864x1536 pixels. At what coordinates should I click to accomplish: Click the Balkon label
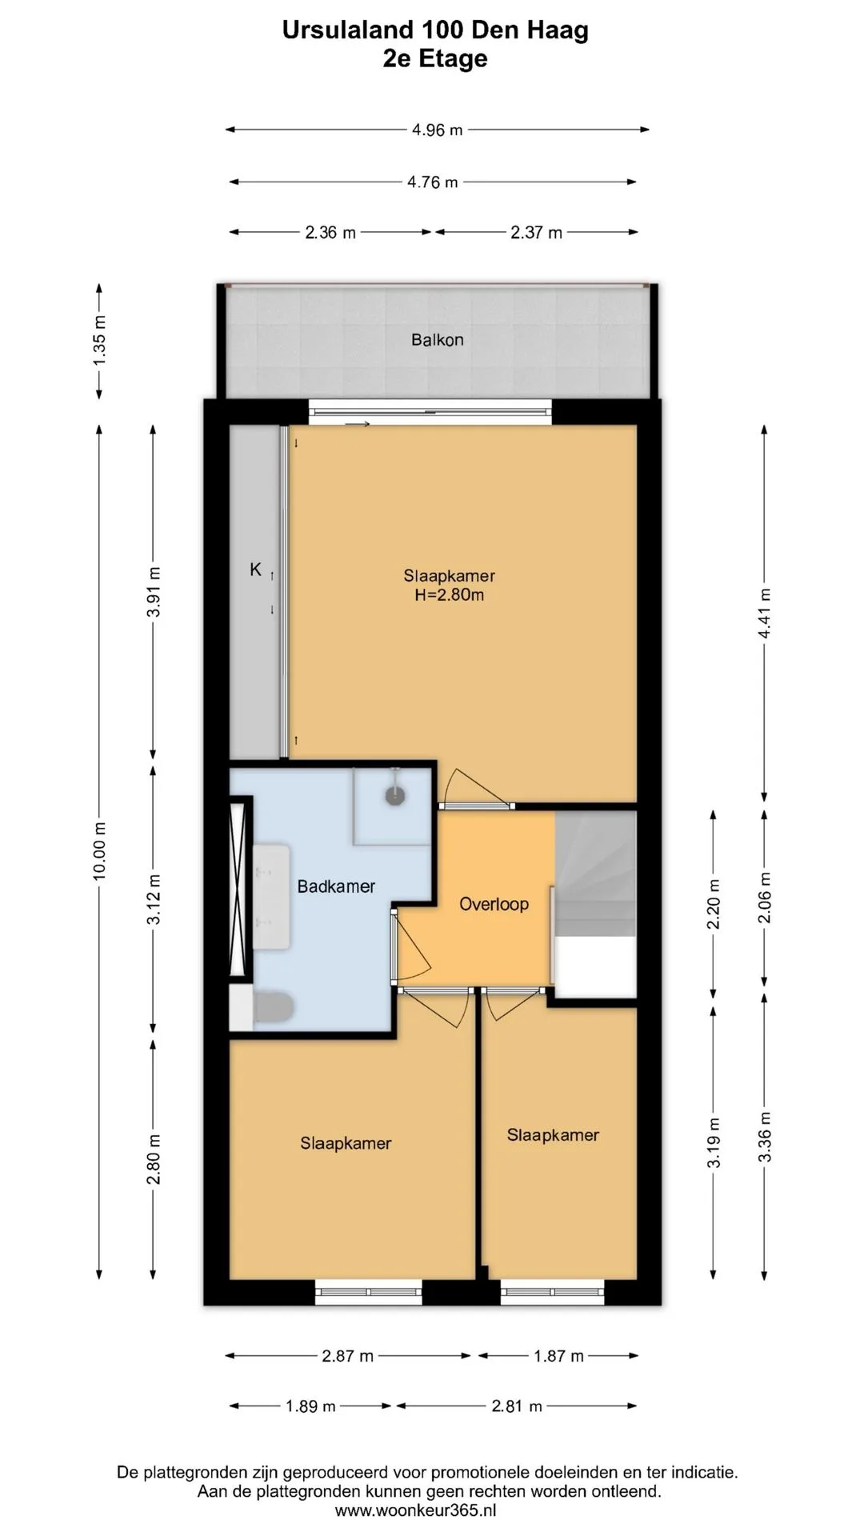coord(437,340)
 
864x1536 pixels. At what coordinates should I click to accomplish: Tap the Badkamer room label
coord(336,886)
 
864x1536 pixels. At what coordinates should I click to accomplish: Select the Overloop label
coord(494,904)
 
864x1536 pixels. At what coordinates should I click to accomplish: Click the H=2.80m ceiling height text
coord(449,595)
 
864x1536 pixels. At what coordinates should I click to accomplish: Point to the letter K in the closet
coord(255,570)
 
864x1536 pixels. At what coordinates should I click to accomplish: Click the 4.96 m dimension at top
coord(438,130)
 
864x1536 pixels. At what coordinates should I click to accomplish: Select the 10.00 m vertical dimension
coord(99,851)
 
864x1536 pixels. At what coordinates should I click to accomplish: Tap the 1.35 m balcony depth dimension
coord(99,341)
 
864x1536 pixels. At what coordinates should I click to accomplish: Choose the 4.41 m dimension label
coord(765,614)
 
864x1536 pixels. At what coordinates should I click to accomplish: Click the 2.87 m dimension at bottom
coord(348,1356)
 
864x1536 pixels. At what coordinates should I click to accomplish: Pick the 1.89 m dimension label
coord(310,1406)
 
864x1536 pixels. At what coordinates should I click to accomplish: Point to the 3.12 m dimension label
coord(154,899)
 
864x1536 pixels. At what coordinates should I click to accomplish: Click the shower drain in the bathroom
coord(394,795)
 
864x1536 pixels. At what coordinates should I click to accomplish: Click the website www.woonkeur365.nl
coord(415,1510)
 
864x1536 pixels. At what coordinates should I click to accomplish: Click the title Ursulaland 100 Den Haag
coord(435,30)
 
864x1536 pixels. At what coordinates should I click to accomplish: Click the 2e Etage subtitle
coord(435,59)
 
